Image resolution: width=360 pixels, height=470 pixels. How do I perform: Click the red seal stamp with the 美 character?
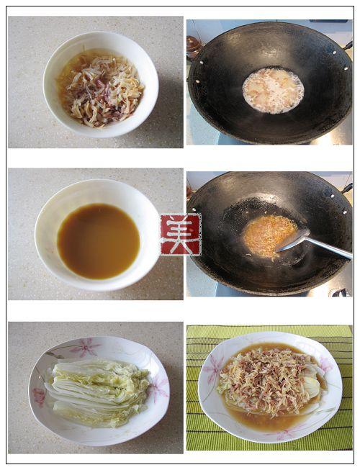tap(181, 235)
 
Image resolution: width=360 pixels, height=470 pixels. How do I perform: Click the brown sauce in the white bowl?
tap(99, 241)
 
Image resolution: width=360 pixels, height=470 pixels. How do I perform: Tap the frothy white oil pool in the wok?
tap(273, 91)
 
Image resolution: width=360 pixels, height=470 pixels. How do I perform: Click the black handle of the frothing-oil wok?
tap(348, 45)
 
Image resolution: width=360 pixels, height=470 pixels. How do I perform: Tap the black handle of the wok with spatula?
tap(348, 189)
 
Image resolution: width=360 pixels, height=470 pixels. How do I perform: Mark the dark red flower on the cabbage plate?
tap(39, 397)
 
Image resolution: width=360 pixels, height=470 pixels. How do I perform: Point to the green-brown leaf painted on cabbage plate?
tap(55, 355)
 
